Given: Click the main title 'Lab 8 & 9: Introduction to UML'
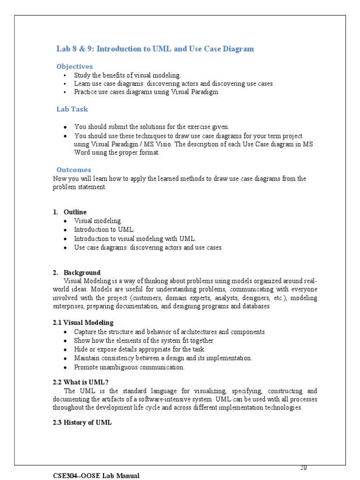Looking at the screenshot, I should (155, 49).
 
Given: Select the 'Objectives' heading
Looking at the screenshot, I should (75, 67).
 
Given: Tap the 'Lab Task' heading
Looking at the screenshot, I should (72, 109).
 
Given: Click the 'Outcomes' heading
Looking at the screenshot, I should (74, 170).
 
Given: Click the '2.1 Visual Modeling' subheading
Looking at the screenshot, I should (83, 322).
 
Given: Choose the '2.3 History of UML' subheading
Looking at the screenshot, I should (82, 422).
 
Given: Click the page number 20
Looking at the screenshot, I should (303, 468).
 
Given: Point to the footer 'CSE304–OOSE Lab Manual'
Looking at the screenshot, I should (96, 476).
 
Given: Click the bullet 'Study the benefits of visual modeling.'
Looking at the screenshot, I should (127, 75).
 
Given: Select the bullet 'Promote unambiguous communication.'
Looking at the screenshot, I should (129, 367).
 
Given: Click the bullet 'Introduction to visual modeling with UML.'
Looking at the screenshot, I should (135, 239).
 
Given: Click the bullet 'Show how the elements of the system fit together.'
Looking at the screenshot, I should (144, 340).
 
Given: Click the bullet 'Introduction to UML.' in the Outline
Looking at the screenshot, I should (104, 230).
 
